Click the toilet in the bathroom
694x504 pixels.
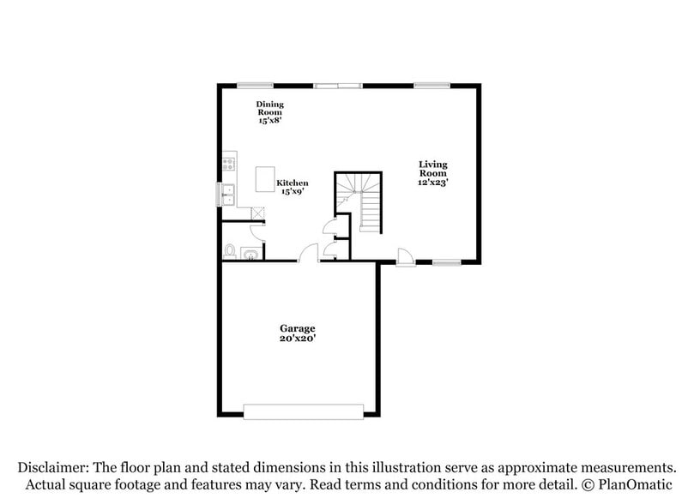coord(230,250)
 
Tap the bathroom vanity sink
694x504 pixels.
coord(250,252)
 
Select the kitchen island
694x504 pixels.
coord(265,179)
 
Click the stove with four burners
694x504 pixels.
coord(228,162)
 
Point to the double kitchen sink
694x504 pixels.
coord(228,195)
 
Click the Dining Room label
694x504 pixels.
coord(270,107)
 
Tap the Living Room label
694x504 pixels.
coord(433,168)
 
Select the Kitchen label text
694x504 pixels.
coord(292,183)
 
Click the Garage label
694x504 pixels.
coord(297,328)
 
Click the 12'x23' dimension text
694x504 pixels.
coord(433,182)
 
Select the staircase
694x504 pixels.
coord(359,202)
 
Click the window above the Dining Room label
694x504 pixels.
coord(256,84)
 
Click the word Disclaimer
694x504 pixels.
coord(55,467)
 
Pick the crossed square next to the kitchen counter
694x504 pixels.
coord(257,212)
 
